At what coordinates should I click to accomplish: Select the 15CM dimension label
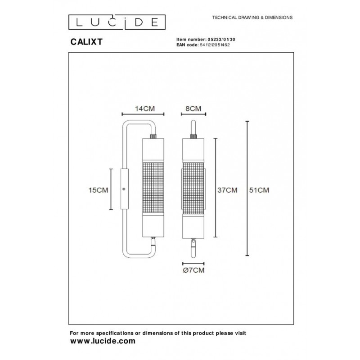click(x=99, y=190)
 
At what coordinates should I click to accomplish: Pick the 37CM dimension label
click(x=227, y=190)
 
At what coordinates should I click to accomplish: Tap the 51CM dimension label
click(x=259, y=190)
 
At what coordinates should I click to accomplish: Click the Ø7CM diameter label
click(x=194, y=270)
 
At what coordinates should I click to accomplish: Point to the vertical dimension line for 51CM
click(x=247, y=189)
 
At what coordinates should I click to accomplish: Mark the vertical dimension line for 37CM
click(x=216, y=187)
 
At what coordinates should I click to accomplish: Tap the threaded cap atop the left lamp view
click(x=153, y=135)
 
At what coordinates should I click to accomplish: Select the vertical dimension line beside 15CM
click(x=111, y=189)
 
